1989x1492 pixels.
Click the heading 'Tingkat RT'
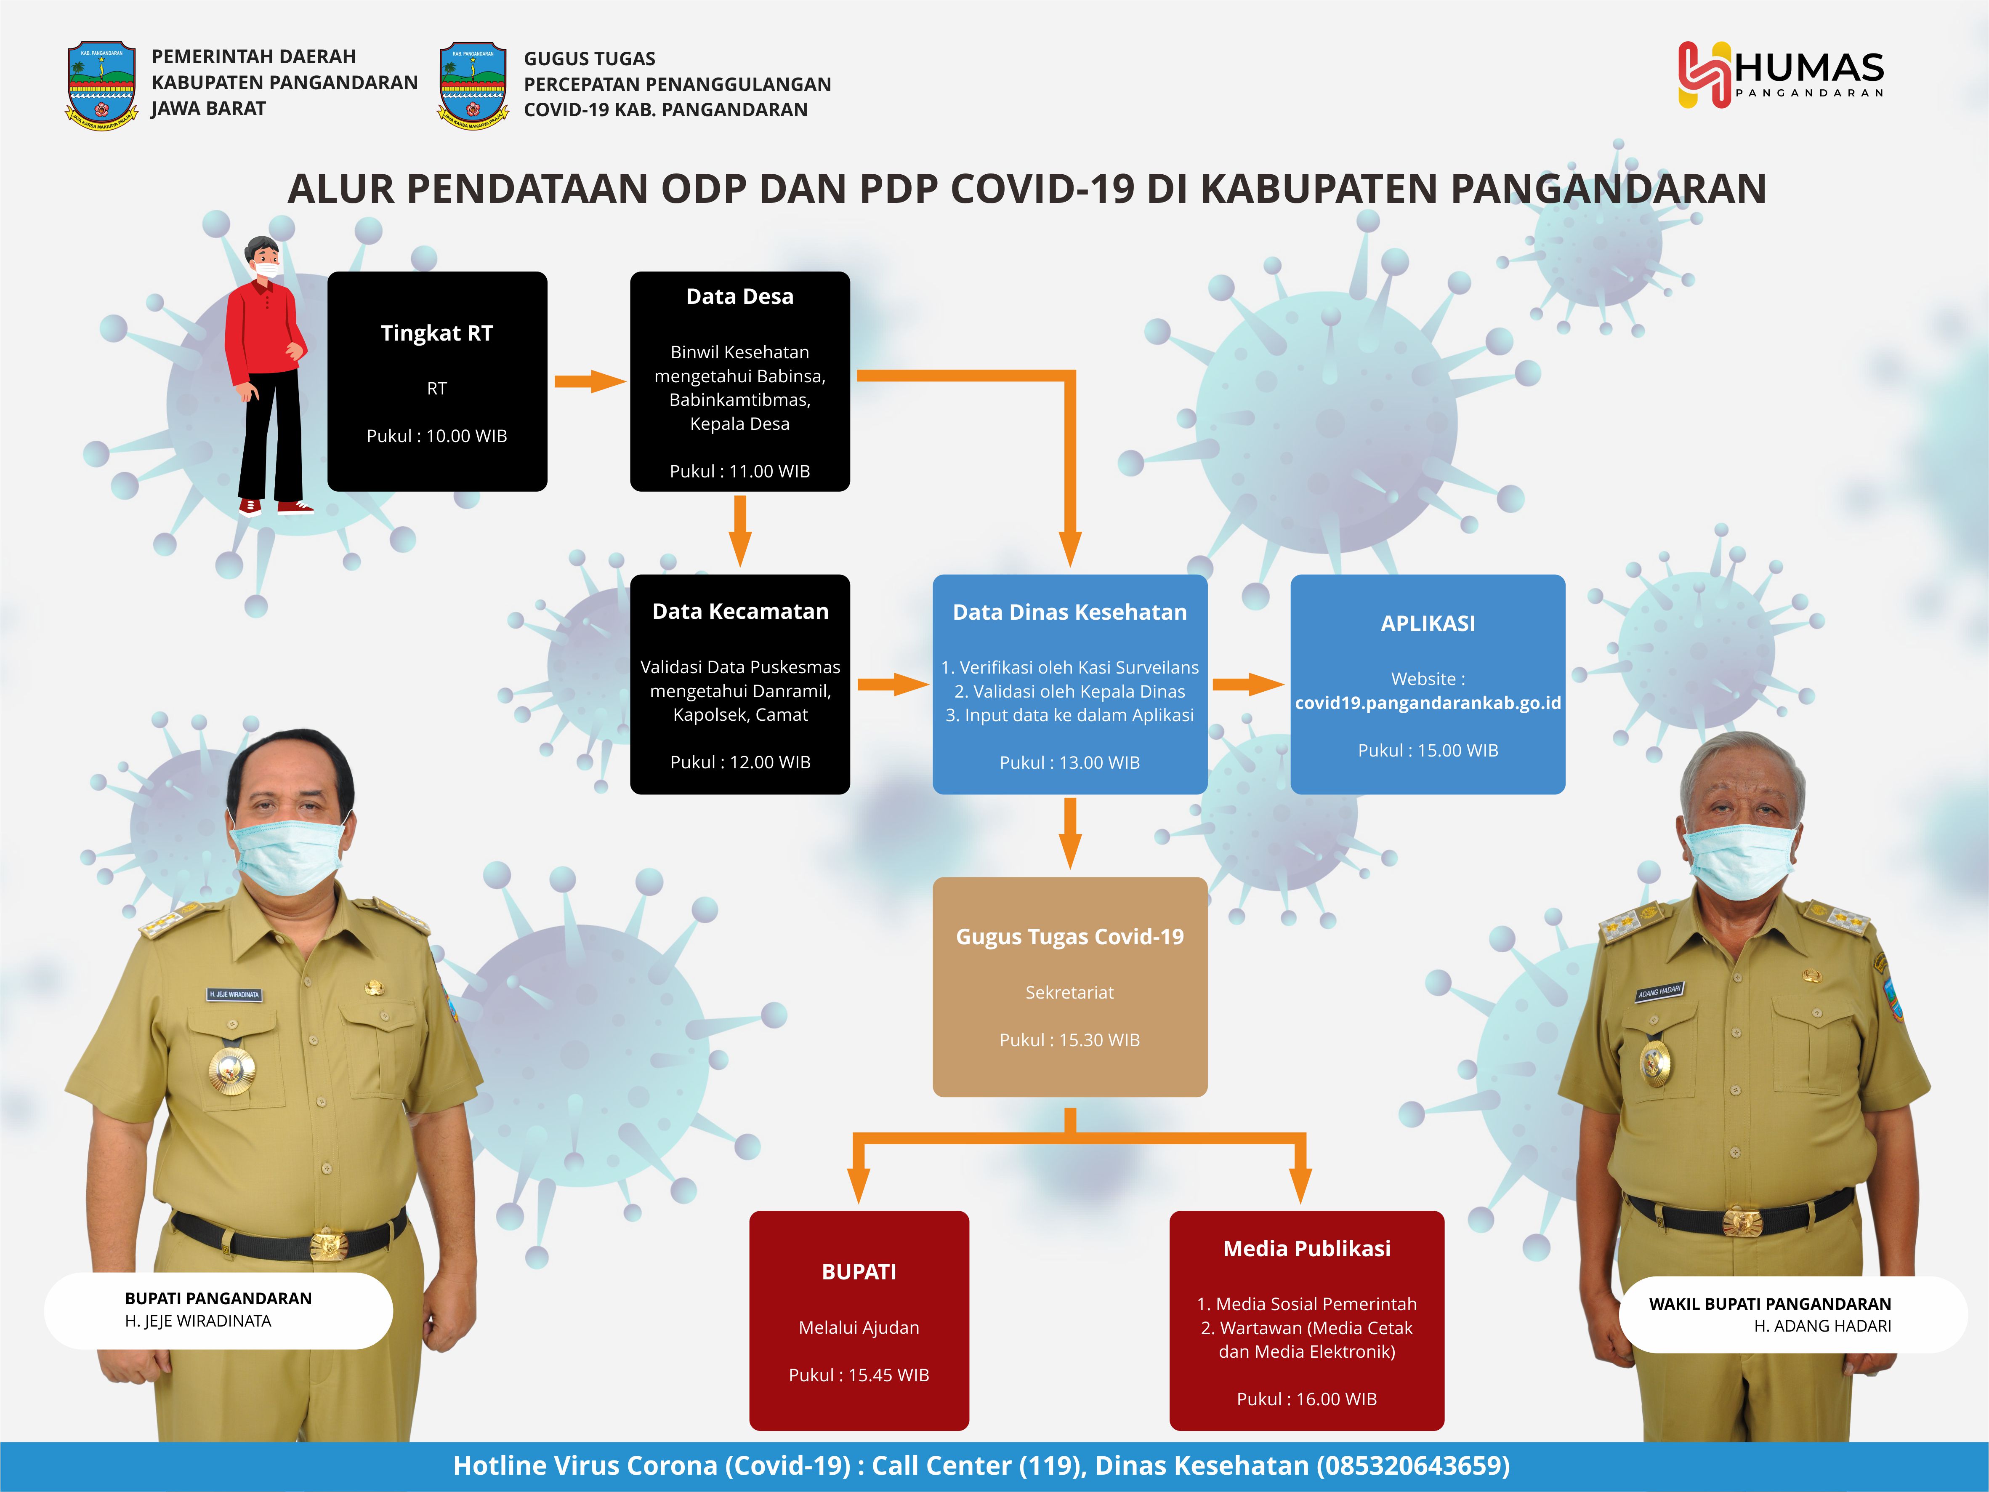click(437, 334)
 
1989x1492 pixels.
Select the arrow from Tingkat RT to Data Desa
click(590, 381)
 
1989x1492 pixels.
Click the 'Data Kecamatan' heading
click(740, 612)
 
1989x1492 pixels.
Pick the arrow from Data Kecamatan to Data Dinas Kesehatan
click(893, 685)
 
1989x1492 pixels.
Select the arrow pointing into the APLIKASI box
click(1248, 685)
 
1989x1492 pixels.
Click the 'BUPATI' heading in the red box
click(859, 1272)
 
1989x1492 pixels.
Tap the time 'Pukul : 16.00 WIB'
click(1306, 1399)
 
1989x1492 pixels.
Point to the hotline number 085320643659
click(1412, 1466)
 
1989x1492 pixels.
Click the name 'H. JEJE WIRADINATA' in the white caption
click(198, 1321)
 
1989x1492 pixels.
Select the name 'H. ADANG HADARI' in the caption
click(1823, 1326)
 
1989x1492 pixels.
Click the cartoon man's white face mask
click(267, 269)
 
